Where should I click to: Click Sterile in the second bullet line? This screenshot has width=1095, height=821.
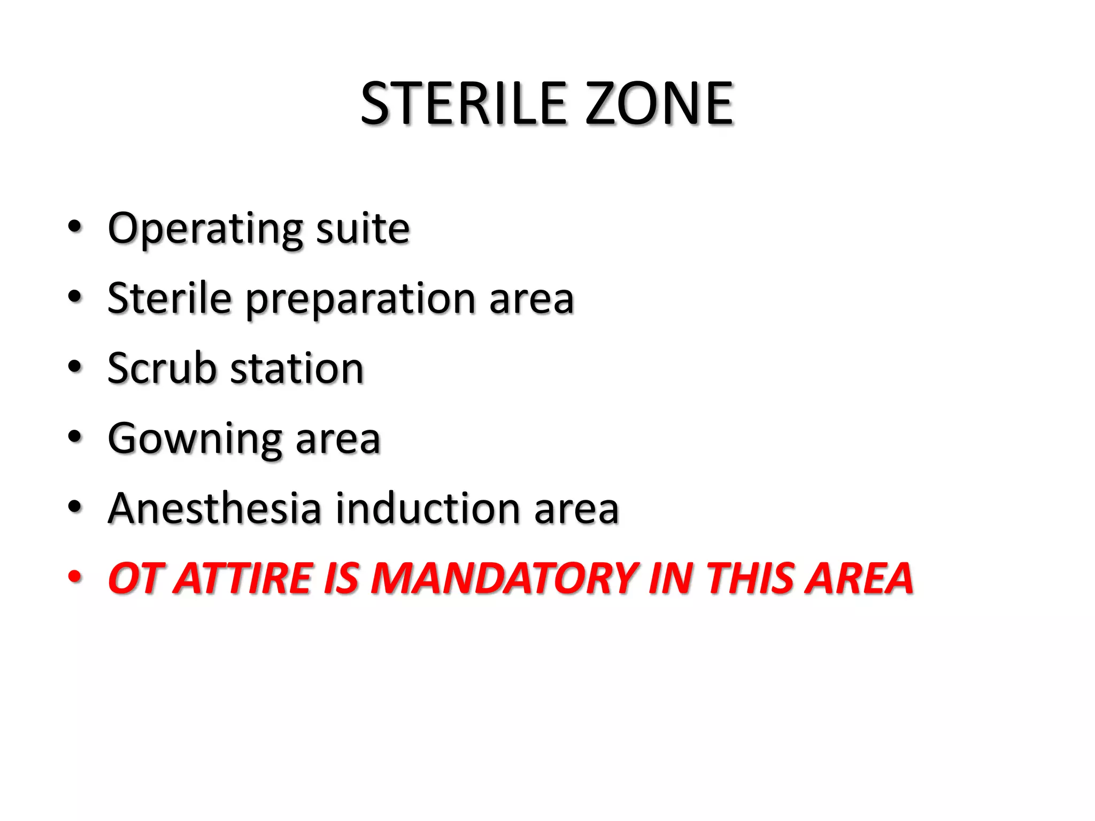(169, 298)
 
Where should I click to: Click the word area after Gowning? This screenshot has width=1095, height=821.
(337, 439)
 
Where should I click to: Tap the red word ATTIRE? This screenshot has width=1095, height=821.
(244, 578)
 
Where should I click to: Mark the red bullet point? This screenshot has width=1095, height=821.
(75, 577)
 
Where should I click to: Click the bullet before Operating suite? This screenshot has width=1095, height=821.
(75, 227)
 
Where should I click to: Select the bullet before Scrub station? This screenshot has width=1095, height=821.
(75, 367)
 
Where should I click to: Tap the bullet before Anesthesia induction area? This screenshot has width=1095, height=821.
(75, 507)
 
